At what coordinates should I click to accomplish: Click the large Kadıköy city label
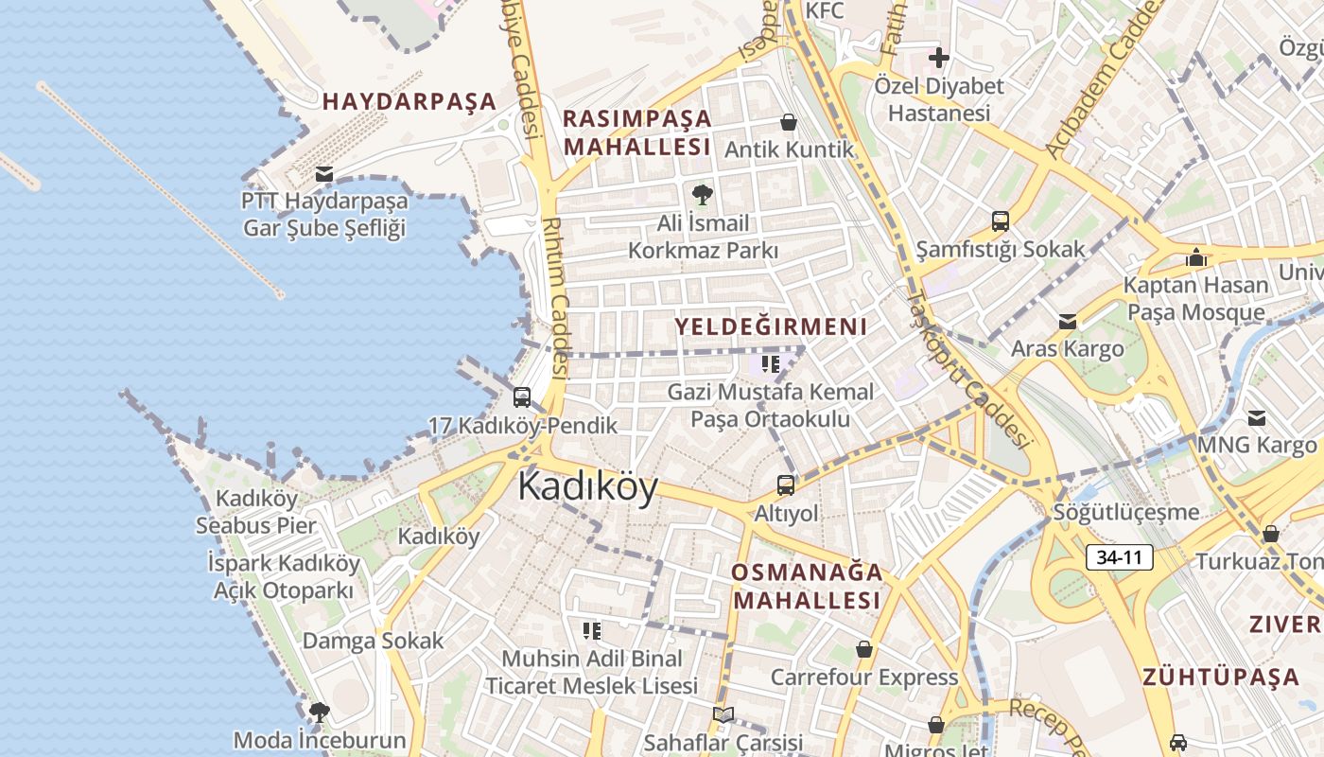pyautogui.click(x=587, y=486)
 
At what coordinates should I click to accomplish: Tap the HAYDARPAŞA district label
pyautogui.click(x=409, y=101)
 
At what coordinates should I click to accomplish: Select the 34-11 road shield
pyautogui.click(x=1120, y=557)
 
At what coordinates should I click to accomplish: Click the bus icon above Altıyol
pyautogui.click(x=786, y=485)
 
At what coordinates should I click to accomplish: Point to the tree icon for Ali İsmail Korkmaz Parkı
pyautogui.click(x=703, y=196)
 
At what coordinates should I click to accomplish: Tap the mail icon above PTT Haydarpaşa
pyautogui.click(x=324, y=174)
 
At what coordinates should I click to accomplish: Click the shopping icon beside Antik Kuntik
pyautogui.click(x=788, y=122)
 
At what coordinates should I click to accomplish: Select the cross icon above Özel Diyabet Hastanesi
pyautogui.click(x=938, y=58)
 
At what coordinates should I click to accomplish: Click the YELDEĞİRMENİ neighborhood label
pyautogui.click(x=770, y=326)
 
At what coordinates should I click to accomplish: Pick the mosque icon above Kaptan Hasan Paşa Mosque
pyautogui.click(x=1195, y=257)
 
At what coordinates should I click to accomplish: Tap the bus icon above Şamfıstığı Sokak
pyautogui.click(x=1001, y=222)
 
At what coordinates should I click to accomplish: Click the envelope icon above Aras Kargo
pyautogui.click(x=1068, y=322)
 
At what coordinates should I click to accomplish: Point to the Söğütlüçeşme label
pyautogui.click(x=1127, y=512)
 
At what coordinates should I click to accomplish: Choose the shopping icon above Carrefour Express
pyautogui.click(x=863, y=649)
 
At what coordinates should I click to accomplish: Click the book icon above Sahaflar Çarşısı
pyautogui.click(x=723, y=715)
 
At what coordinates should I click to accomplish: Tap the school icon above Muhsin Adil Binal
pyautogui.click(x=592, y=631)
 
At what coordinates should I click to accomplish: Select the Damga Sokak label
pyautogui.click(x=373, y=641)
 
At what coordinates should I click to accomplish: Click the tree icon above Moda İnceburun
pyautogui.click(x=320, y=712)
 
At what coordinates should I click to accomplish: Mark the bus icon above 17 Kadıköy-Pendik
pyautogui.click(x=522, y=397)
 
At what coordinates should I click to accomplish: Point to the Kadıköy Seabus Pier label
pyautogui.click(x=256, y=511)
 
